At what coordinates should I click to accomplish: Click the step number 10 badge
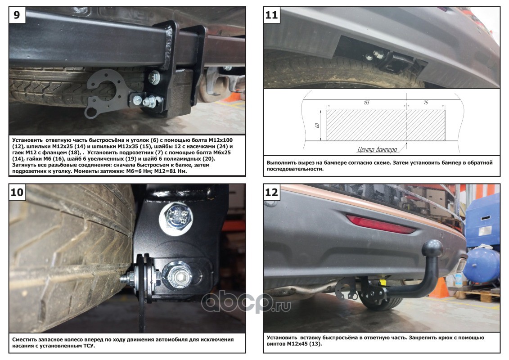[x=17, y=192]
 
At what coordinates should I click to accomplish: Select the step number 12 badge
[x=272, y=192]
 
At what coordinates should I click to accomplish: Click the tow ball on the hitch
[x=434, y=248]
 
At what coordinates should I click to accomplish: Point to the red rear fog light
[x=380, y=224]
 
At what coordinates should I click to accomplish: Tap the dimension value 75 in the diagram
[x=425, y=103]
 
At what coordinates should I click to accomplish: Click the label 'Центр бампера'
[x=377, y=149]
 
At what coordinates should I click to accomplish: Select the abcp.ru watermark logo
[x=246, y=302]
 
